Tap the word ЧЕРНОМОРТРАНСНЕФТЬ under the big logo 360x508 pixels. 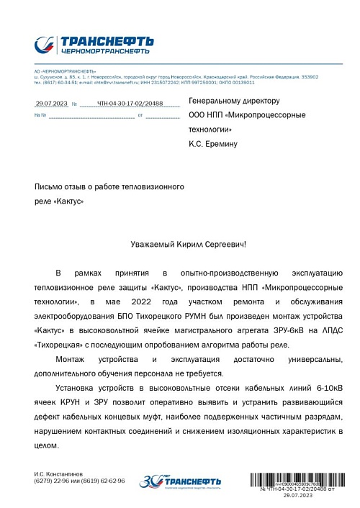coord(105,52)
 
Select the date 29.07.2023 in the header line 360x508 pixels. coord(51,104)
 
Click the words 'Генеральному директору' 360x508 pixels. coord(233,101)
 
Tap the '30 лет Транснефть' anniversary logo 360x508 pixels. coord(171,481)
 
